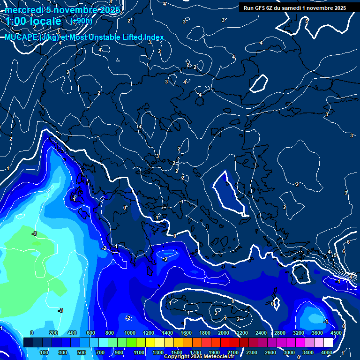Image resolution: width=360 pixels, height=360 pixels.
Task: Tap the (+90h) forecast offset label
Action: coord(81,21)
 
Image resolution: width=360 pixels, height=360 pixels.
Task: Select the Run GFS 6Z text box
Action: coord(294,7)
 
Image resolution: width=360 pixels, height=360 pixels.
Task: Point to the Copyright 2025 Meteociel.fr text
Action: coord(199,357)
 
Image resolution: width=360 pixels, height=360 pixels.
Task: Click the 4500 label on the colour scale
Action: coord(335,333)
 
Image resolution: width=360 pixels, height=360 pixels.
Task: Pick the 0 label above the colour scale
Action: coord(32,333)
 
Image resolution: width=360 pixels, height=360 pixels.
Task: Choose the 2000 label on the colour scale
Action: coord(223,333)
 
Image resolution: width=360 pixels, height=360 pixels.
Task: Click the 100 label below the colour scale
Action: coord(45,352)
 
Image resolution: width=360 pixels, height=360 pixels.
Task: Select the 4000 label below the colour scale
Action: coord(327,352)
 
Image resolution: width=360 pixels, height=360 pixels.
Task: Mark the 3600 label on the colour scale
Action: coord(317,333)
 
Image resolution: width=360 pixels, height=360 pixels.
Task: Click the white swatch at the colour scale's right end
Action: coord(328,343)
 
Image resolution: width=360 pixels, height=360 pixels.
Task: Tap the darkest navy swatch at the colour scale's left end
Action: coord(28,343)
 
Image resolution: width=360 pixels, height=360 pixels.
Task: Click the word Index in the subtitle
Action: coord(154,37)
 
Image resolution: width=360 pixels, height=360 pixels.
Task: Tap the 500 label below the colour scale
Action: coord(82,352)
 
